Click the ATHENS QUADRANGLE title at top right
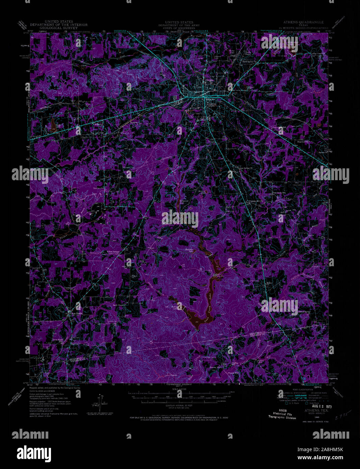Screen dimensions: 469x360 coord(301,22)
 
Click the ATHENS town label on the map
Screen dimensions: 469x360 coord(211,104)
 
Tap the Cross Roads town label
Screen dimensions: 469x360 coord(76,313)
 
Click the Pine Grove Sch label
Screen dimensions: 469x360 coord(279,193)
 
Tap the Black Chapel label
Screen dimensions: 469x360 coord(119,305)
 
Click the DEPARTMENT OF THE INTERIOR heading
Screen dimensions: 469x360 coord(58,25)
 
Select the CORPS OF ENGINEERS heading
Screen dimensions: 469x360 coord(177,28)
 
